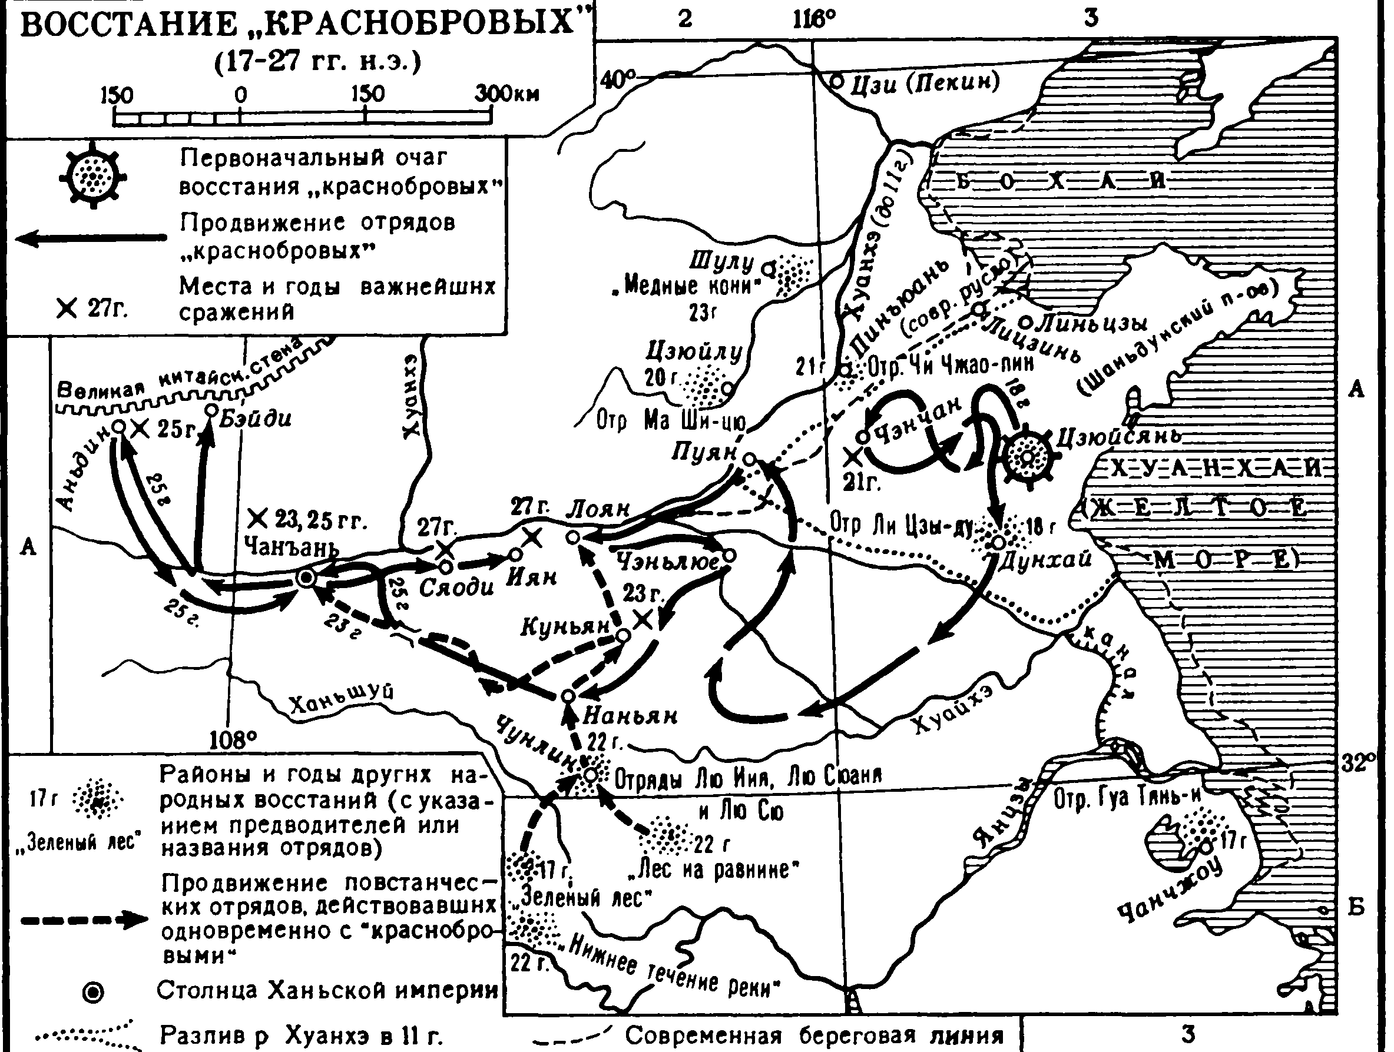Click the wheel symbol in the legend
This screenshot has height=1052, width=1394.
click(92, 176)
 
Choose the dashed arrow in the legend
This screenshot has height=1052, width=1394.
click(84, 920)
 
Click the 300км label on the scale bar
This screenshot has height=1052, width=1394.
click(507, 95)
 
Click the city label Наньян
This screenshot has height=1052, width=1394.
click(630, 716)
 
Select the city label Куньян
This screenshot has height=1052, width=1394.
click(565, 626)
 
